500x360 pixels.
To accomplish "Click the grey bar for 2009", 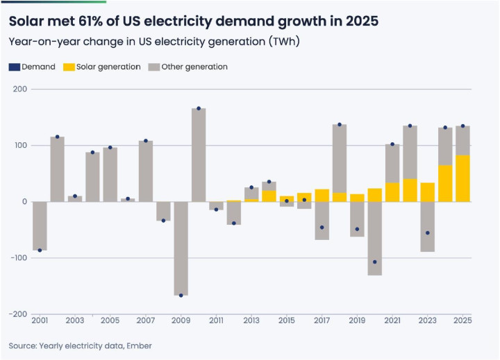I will tap(181, 248).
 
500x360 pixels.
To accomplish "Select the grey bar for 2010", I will tap(199, 155).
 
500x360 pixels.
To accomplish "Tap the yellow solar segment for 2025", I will tap(462, 178).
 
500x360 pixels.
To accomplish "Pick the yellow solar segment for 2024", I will tap(445, 183).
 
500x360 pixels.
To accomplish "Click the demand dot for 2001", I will tap(40, 250).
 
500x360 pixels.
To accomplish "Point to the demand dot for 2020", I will tap(375, 262).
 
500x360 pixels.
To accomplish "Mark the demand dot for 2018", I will tap(340, 125).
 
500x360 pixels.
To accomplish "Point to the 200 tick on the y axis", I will tap(19, 89).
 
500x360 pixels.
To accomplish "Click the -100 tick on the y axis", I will tap(18, 258).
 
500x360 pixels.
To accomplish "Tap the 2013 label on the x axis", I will tap(251, 320).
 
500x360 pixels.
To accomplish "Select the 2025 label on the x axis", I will tap(462, 320).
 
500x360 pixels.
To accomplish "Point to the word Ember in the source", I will tap(141, 345).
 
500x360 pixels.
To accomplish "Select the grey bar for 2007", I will tap(146, 171).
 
